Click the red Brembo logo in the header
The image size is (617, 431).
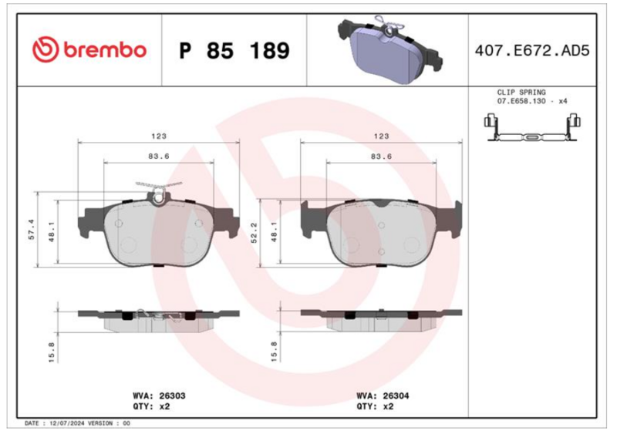[89, 50]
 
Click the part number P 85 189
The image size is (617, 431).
[234, 51]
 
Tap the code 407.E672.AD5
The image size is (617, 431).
[532, 51]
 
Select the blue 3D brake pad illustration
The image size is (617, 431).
[389, 50]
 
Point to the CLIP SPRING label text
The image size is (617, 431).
[521, 93]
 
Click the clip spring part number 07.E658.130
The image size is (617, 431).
[521, 101]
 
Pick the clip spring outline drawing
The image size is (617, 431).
[532, 127]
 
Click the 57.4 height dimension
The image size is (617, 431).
[32, 229]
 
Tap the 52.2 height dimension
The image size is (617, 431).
[255, 232]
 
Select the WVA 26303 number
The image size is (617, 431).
[172, 396]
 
